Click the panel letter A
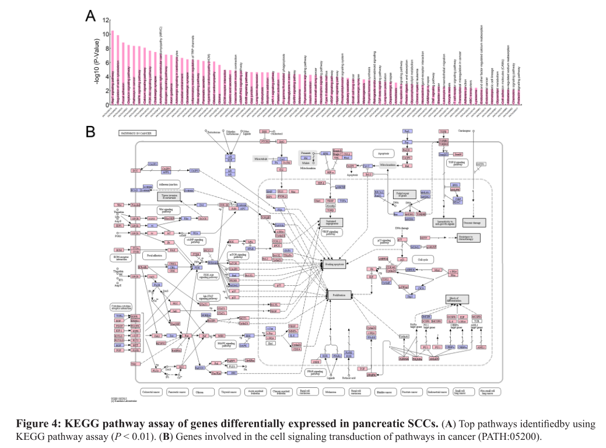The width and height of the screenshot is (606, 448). click(91, 16)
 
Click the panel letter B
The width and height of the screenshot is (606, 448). click(91, 131)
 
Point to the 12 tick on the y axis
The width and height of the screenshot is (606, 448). click(106, 20)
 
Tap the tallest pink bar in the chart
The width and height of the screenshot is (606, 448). click(113, 68)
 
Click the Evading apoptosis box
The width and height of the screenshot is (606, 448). click(339, 264)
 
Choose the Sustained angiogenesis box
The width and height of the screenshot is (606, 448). click(332, 222)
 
